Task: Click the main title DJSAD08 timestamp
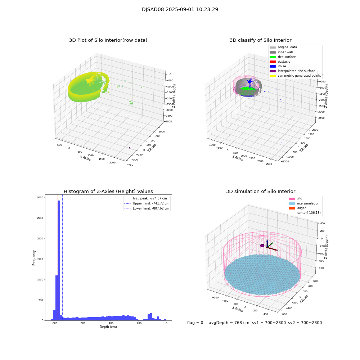pos(180,10)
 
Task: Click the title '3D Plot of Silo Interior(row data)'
pos(108,40)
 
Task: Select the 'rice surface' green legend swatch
pos(273,57)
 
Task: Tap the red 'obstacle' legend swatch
pos(273,62)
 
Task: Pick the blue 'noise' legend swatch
pos(273,66)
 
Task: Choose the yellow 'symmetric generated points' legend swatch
pos(273,76)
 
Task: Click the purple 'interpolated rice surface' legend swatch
pos(273,71)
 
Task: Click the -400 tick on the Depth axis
pos(138,323)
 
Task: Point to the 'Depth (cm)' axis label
pos(108,327)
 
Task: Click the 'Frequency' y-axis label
pos(34,258)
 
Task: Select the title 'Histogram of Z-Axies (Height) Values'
pos(108,192)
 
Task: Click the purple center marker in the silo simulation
pos(262,246)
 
